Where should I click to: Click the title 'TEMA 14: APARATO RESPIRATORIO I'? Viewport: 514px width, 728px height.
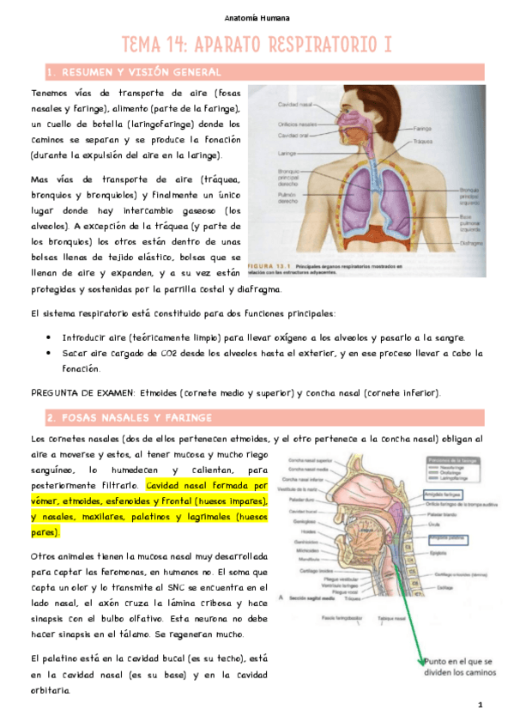point(257,45)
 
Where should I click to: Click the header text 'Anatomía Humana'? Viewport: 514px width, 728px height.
point(257,17)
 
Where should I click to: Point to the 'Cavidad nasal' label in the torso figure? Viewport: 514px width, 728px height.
point(293,105)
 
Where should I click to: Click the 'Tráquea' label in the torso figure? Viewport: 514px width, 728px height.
point(422,142)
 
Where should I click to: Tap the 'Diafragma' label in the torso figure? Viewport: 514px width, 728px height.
point(470,242)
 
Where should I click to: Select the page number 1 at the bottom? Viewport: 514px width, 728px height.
point(481,705)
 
